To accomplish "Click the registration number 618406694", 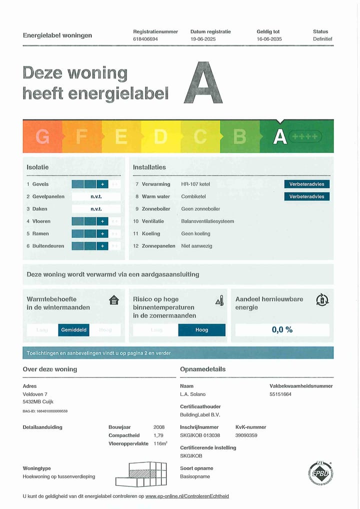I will tap(145, 39).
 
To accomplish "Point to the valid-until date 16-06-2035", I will tap(269, 39).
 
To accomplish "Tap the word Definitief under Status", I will tap(322, 39).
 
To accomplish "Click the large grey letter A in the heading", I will tap(203, 83).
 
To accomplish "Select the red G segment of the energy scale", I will tap(42, 136).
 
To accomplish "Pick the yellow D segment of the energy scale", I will tap(160, 136).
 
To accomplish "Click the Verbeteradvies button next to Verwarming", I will tap(307, 184).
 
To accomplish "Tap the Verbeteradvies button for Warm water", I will tap(307, 196).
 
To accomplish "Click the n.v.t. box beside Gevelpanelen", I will tap(96, 196).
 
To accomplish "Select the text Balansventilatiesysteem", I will tap(207, 221).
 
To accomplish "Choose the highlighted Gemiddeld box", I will tap(73, 330).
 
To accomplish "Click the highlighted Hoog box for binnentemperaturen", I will tap(201, 330).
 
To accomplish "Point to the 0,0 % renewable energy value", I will tap(282, 330).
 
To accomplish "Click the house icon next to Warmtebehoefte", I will tap(114, 300).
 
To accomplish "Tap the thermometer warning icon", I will tap(219, 300).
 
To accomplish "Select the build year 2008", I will tap(159, 427).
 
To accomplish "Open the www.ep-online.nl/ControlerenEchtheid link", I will tap(187, 496).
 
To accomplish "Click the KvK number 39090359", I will tap(246, 435).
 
